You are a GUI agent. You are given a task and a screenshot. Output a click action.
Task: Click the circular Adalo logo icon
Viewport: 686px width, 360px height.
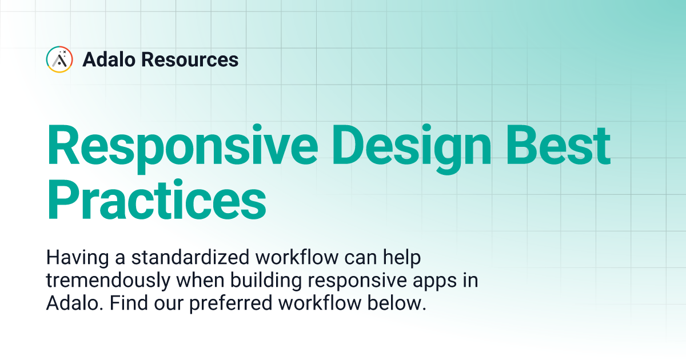pos(59,59)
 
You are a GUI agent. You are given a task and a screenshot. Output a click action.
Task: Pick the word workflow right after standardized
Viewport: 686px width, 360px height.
pos(298,258)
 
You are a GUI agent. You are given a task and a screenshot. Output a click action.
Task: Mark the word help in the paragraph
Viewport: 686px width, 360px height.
pos(401,258)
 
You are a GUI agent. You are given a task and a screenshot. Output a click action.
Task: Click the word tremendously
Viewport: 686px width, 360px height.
pos(105,281)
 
